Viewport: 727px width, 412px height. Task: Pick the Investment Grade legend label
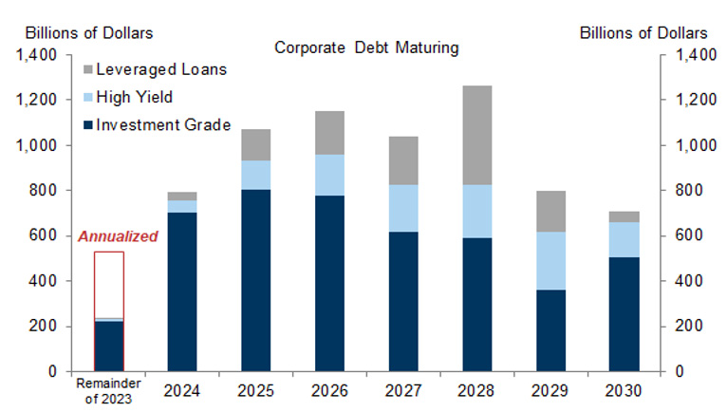(163, 124)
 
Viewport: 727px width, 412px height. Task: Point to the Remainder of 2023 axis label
(107, 390)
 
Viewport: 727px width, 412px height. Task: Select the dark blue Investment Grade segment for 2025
(256, 280)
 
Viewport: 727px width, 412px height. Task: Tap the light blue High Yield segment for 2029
(550, 261)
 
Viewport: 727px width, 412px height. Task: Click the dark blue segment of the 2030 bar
(624, 313)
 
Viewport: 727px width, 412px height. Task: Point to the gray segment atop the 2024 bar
(182, 196)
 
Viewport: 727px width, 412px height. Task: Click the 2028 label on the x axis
(476, 390)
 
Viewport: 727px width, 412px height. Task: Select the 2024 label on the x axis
(182, 390)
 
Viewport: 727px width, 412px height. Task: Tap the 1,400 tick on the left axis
(37, 55)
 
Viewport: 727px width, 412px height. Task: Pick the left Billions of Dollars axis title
(89, 32)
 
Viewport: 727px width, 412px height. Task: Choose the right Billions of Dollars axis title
(643, 32)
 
